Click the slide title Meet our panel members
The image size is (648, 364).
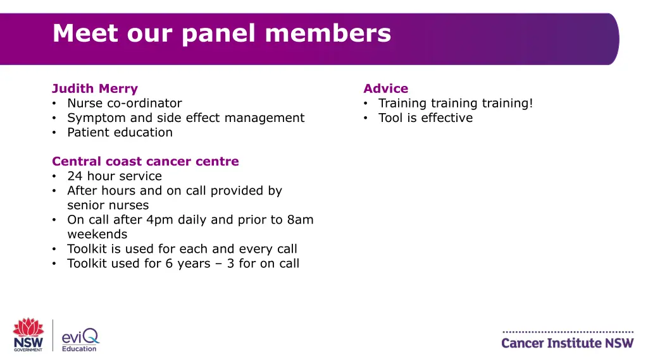pos(221,33)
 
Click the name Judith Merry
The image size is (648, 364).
pos(95,88)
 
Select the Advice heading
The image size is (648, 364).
pos(385,88)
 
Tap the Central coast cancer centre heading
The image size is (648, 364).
pos(146,161)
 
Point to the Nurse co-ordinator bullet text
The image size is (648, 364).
pos(125,103)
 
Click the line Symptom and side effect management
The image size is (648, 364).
pos(186,118)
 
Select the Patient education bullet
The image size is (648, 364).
pos(120,132)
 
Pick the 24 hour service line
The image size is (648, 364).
pos(115,176)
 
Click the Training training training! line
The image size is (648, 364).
pos(456,103)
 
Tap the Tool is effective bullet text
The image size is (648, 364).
pos(425,118)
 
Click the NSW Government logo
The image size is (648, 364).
pos(28,334)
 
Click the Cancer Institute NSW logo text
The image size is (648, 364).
pos(567,343)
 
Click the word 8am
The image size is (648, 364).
pos(300,220)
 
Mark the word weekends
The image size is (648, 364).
pos(97,234)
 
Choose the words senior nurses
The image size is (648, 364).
pos(108,205)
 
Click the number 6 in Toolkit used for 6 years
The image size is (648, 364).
pos(169,264)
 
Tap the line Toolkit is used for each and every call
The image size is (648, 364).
pos(182,249)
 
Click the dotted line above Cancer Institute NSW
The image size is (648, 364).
pos(567,332)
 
